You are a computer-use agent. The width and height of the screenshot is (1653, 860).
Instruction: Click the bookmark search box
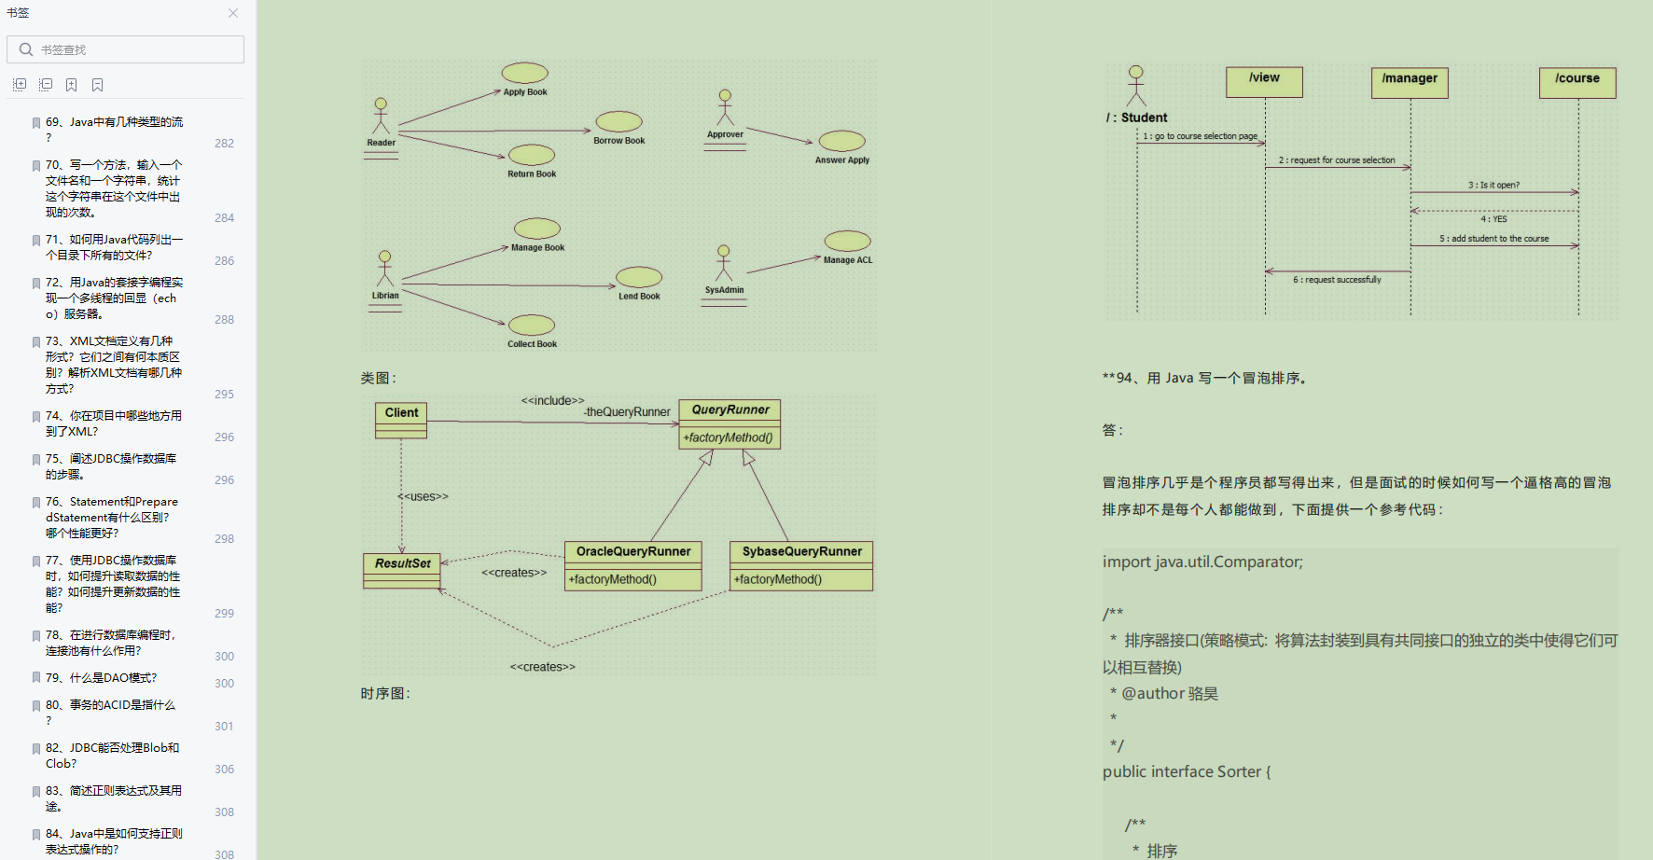tap(131, 49)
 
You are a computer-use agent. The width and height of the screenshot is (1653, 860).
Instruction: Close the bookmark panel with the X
tap(233, 13)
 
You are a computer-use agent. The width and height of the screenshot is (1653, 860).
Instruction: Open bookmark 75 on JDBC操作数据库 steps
tap(111, 466)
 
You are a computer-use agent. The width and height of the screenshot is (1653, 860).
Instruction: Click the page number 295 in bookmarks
tap(224, 395)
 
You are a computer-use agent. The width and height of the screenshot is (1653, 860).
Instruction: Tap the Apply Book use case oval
tap(525, 73)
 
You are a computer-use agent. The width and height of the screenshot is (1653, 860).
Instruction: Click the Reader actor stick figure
tap(381, 117)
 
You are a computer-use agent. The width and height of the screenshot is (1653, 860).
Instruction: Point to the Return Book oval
tap(532, 155)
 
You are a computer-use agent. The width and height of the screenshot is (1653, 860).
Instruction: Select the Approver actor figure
tap(725, 108)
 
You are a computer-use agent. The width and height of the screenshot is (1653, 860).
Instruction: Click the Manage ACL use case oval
tap(847, 242)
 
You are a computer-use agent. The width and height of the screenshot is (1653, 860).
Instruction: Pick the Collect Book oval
tap(532, 325)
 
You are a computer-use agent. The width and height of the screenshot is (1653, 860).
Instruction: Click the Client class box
tap(401, 413)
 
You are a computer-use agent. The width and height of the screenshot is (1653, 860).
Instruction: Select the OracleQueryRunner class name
tap(633, 551)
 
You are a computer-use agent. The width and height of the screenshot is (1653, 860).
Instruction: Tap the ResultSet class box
tap(402, 563)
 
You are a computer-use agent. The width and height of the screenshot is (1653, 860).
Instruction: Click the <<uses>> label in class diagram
tap(424, 497)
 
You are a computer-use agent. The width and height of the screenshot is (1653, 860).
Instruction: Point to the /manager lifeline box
tap(1410, 79)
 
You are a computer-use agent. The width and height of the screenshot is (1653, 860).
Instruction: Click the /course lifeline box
tap(1577, 79)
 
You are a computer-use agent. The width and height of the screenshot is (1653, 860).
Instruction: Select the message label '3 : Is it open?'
tap(1493, 185)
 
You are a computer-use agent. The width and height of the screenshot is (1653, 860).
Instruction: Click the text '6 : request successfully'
tap(1337, 280)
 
